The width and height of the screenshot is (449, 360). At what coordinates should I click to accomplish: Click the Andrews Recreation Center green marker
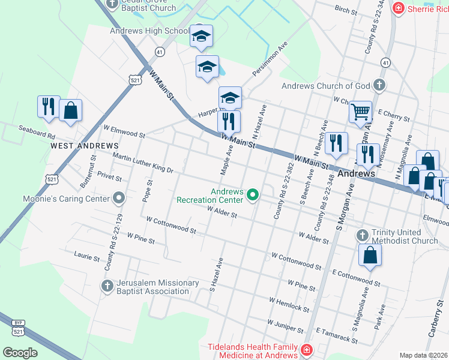[253, 194]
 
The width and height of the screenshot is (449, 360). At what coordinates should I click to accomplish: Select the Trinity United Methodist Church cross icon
[361, 235]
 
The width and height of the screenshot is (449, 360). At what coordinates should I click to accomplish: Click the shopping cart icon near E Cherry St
[360, 111]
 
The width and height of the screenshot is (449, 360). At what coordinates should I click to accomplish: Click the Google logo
[20, 353]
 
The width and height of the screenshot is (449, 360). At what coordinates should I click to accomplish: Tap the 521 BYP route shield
[18, 328]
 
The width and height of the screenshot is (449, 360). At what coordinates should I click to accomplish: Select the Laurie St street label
[86, 257]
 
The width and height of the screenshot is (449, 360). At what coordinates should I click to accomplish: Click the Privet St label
[109, 178]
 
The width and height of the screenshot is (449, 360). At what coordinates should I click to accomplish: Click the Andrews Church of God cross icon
[379, 85]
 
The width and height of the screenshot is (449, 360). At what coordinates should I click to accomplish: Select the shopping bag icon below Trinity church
[370, 255]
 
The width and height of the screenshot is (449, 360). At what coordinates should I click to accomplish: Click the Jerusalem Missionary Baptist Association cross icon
[107, 285]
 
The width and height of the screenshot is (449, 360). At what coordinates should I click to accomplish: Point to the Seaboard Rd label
[37, 129]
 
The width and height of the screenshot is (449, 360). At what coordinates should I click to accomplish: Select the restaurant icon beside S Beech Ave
[336, 143]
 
